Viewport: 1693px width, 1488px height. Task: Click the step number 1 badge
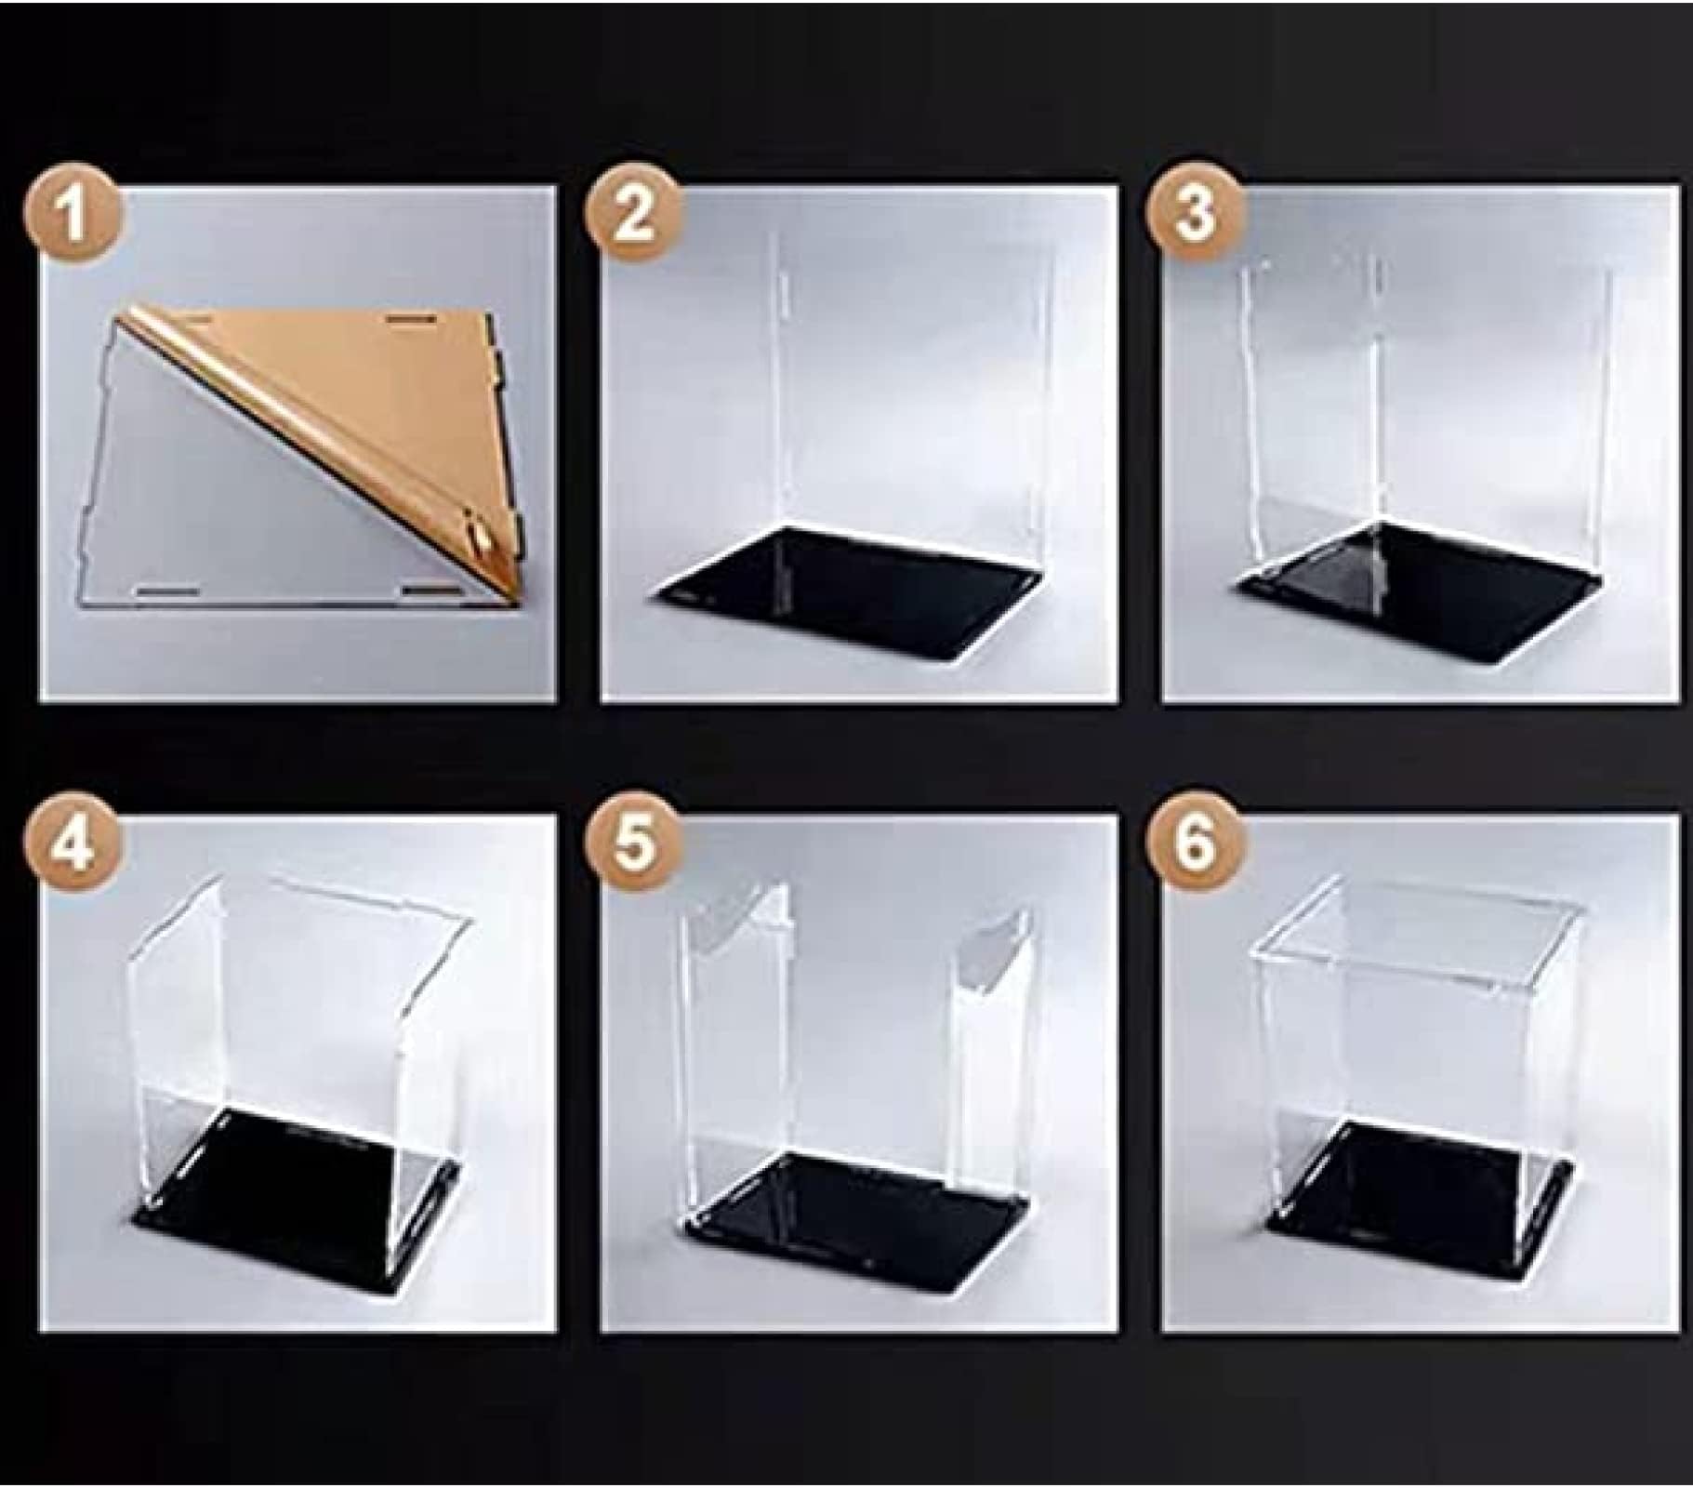[x=73, y=218]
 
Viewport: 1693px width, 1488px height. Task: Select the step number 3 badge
[x=1195, y=213]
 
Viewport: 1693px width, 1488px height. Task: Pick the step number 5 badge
[x=633, y=846]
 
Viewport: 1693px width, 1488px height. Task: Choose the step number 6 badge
[x=1195, y=844]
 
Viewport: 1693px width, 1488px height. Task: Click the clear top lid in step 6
[x=1418, y=930]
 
